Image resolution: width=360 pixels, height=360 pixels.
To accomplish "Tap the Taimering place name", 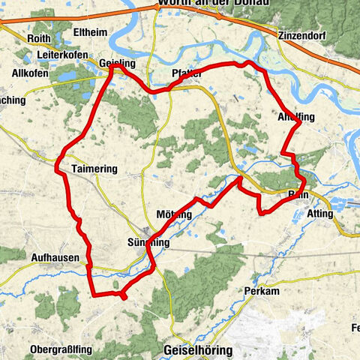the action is (95, 169).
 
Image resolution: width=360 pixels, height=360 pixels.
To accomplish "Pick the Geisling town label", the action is (117, 64).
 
